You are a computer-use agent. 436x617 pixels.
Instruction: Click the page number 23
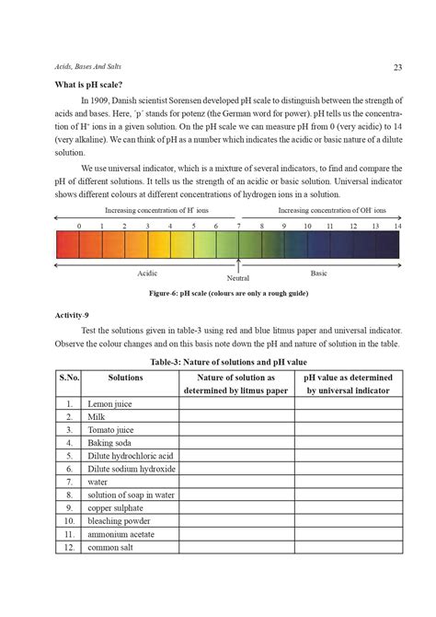coord(398,66)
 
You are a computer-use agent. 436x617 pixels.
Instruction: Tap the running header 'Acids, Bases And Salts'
coord(88,66)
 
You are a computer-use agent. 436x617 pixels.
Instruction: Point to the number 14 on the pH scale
coord(397,226)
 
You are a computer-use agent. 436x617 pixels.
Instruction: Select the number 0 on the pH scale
coord(79,226)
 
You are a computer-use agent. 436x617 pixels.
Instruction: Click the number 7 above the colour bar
coord(239,226)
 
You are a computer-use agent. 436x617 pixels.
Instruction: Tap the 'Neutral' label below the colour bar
coord(238,277)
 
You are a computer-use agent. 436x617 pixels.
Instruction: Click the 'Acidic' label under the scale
coord(147,273)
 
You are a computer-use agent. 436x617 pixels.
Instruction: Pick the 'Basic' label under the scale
coord(318,273)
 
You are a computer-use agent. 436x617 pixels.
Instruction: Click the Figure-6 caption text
coord(227,294)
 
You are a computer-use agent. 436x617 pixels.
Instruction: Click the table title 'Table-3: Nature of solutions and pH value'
coord(227,362)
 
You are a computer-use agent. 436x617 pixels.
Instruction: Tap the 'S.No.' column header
coord(69,378)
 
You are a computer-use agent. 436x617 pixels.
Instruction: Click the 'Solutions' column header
coord(125,378)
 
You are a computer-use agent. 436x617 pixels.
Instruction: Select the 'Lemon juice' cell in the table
coord(110,403)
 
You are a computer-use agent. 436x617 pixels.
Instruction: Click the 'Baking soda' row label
coord(110,442)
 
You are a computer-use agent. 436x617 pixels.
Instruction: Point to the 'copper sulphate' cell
coord(117,507)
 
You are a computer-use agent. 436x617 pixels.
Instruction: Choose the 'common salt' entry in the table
coord(111,547)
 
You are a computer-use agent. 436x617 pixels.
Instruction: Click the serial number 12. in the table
coord(69,547)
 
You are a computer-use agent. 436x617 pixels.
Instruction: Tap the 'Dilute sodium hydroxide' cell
coord(131,469)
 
